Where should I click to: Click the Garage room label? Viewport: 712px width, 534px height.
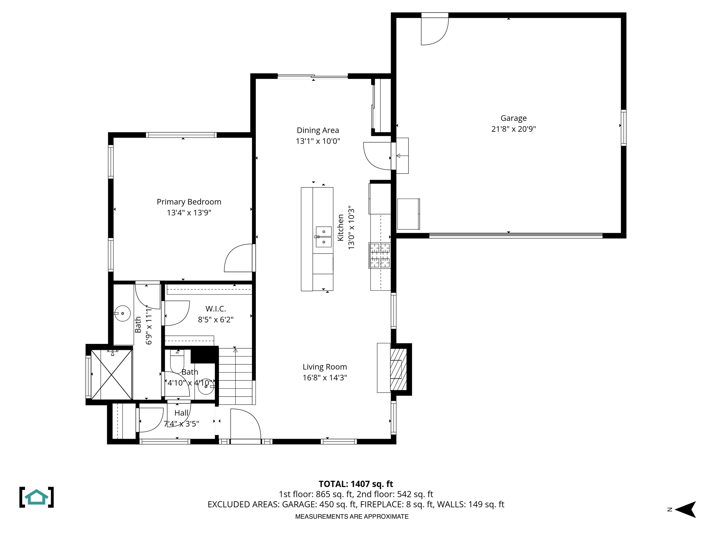click(x=513, y=118)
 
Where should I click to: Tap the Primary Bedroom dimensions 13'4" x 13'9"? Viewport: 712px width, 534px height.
click(x=189, y=212)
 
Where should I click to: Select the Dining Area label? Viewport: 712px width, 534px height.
click(x=317, y=130)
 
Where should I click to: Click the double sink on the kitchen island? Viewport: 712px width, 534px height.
click(x=323, y=237)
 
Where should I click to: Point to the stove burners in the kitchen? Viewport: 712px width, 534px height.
click(x=380, y=256)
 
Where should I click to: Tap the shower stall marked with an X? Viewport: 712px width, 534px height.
click(x=111, y=374)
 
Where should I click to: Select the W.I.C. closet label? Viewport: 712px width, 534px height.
click(x=216, y=309)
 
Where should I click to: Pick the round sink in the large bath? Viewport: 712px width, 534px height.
click(x=122, y=313)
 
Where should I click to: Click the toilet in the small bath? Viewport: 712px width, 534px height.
click(x=177, y=361)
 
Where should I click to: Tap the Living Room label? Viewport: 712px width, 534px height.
click(x=324, y=367)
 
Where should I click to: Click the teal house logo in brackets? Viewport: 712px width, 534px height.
click(x=37, y=497)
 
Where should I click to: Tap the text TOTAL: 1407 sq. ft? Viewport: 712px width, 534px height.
click(x=356, y=484)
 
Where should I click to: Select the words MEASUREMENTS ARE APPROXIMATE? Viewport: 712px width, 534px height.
click(x=351, y=517)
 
